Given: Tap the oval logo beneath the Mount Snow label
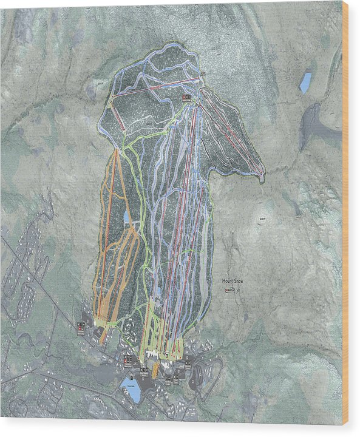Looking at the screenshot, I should [230, 291].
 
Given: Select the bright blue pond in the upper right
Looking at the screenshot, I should [305, 83].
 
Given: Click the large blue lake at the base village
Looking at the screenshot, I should [131, 390].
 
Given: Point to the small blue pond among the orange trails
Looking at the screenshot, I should [126, 216].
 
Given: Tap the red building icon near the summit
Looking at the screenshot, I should [185, 98].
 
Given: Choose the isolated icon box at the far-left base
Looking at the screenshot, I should [81, 328].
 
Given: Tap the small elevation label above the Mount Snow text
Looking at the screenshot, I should [263, 220].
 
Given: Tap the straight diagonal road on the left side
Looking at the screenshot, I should [36, 273].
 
